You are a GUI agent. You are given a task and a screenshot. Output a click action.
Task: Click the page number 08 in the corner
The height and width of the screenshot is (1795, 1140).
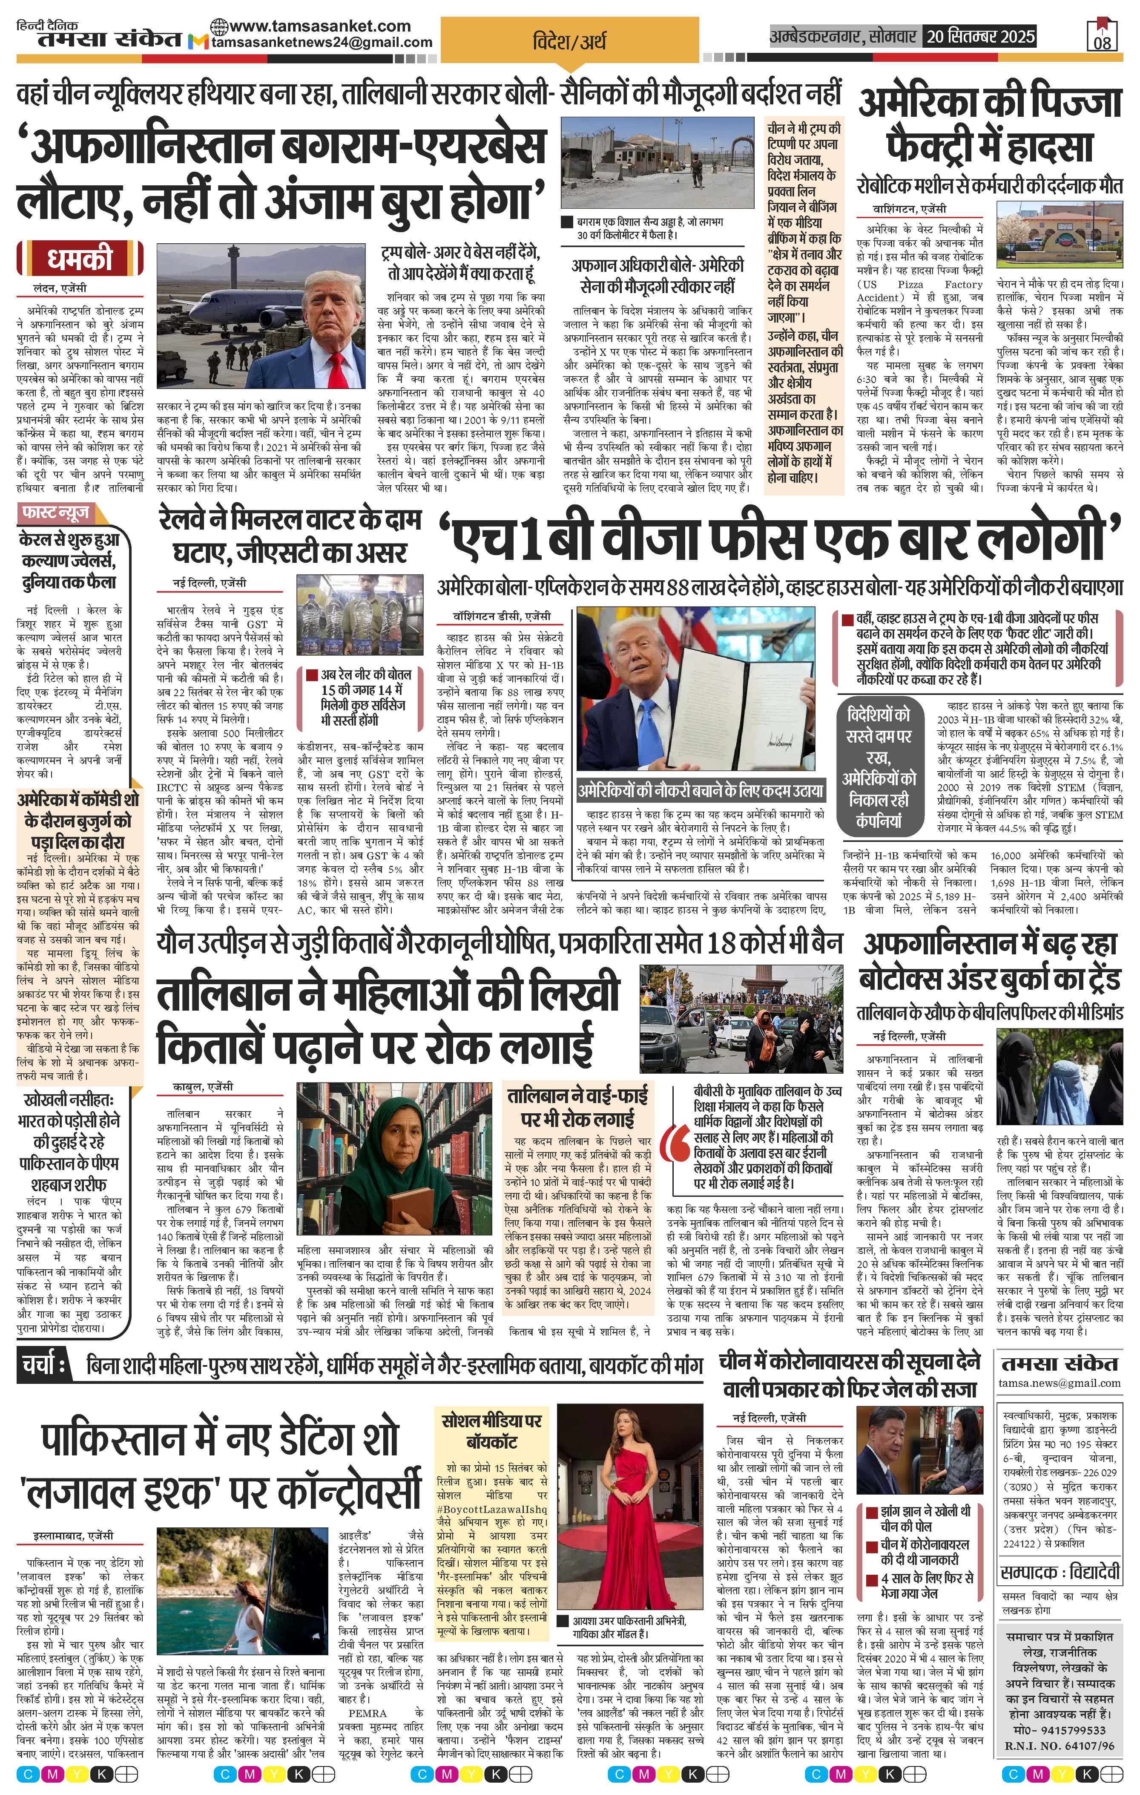tap(1102, 42)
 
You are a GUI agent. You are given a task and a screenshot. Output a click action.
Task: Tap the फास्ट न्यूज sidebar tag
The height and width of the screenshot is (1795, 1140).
tap(56, 513)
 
